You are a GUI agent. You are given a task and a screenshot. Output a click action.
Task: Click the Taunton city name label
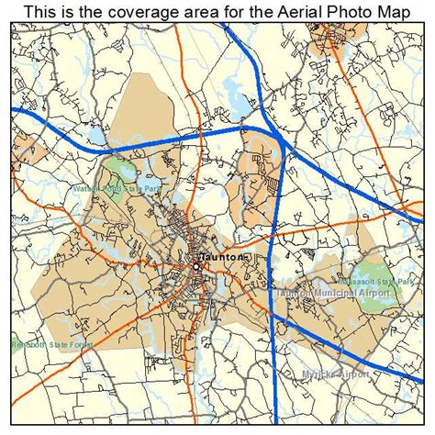click(x=219, y=259)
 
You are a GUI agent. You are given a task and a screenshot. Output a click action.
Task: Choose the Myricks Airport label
click(x=336, y=375)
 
